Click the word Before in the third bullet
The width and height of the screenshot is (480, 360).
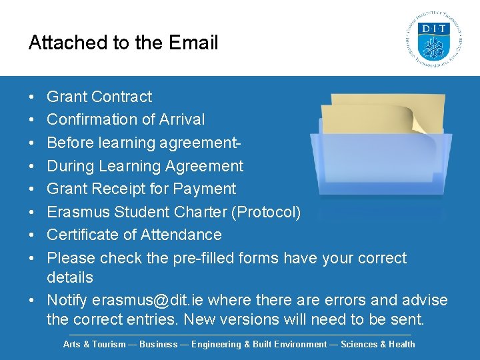69,143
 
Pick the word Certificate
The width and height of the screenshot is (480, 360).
85,235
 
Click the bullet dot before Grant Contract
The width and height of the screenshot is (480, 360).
33,97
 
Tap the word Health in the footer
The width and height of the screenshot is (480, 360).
401,345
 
